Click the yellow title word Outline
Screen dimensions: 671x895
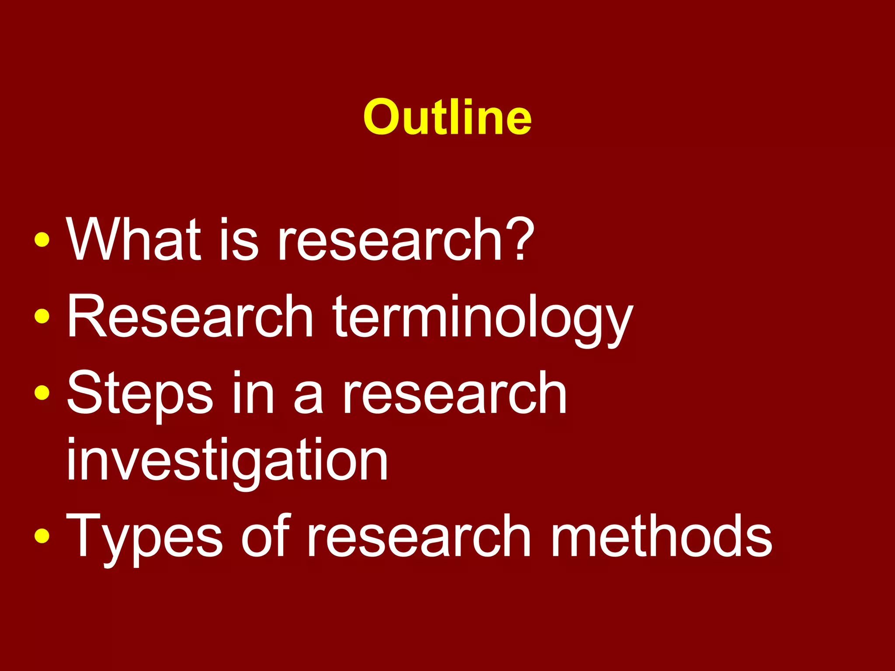(x=447, y=117)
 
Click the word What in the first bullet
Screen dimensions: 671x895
(x=133, y=240)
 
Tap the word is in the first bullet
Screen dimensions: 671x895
(x=239, y=240)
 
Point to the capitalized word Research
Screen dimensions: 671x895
(x=190, y=316)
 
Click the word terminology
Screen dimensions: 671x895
(x=483, y=319)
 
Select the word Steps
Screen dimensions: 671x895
(x=140, y=393)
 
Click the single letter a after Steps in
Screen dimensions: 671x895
(x=309, y=398)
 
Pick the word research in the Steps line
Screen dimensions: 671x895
(x=454, y=393)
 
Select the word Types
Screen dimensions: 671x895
(x=144, y=537)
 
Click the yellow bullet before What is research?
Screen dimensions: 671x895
(x=42, y=240)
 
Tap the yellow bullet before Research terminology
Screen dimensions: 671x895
(x=42, y=316)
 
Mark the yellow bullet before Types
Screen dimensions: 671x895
(x=42, y=536)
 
